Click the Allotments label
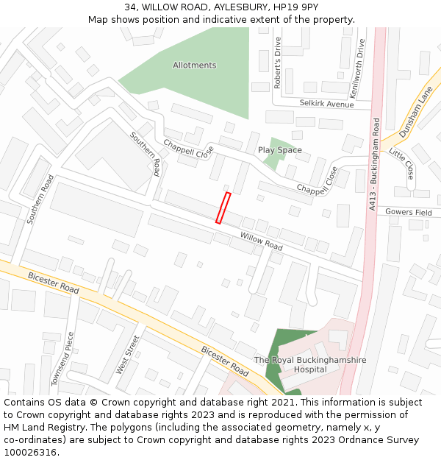(x=194, y=66)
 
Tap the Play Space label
(x=279, y=150)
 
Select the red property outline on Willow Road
(x=223, y=208)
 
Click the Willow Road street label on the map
(x=261, y=241)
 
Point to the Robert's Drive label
(x=278, y=63)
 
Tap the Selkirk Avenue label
(x=326, y=105)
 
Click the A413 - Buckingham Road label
(x=374, y=166)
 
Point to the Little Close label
(x=401, y=164)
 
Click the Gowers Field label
(x=414, y=212)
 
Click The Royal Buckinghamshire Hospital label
(x=310, y=364)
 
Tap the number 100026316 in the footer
(x=29, y=452)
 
